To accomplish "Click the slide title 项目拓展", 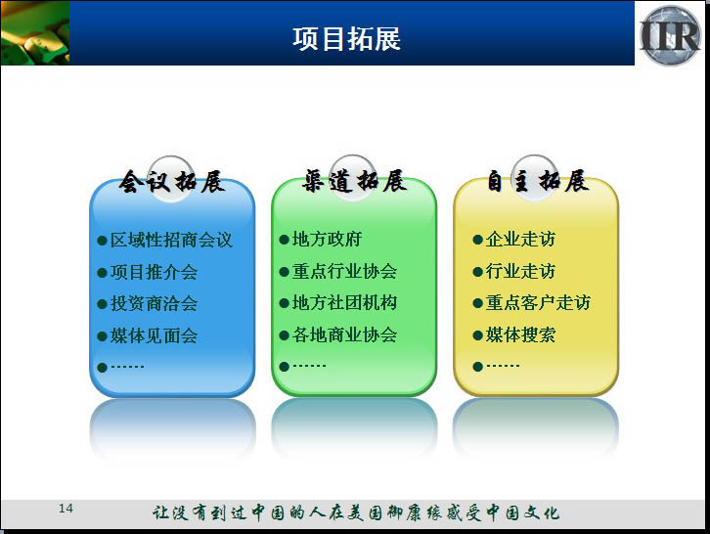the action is click(x=346, y=38).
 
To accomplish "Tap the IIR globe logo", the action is click(x=670, y=35).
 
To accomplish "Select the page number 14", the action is click(x=66, y=509).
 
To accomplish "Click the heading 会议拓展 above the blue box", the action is click(x=172, y=182).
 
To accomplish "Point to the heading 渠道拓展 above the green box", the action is click(x=354, y=181).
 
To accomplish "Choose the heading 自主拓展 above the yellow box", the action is click(x=538, y=181).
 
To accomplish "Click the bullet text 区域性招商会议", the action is click(x=171, y=240).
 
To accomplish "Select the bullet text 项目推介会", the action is click(x=154, y=272).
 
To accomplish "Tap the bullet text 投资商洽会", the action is click(x=154, y=303).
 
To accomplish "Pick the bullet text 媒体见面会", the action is click(x=154, y=335).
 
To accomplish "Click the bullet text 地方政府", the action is click(x=327, y=240).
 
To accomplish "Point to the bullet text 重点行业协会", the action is click(x=344, y=271).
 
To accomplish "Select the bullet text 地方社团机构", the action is click(x=344, y=302).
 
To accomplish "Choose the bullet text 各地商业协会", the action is click(x=344, y=334).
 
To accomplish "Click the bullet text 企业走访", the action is click(x=520, y=240).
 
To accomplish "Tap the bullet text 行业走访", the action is click(x=520, y=271).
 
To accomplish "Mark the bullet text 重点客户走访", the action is click(x=538, y=302).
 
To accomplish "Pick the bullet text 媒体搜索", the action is click(x=520, y=334).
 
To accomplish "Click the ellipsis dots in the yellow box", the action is click(x=503, y=365).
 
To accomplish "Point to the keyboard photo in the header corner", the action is click(x=35, y=33).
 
